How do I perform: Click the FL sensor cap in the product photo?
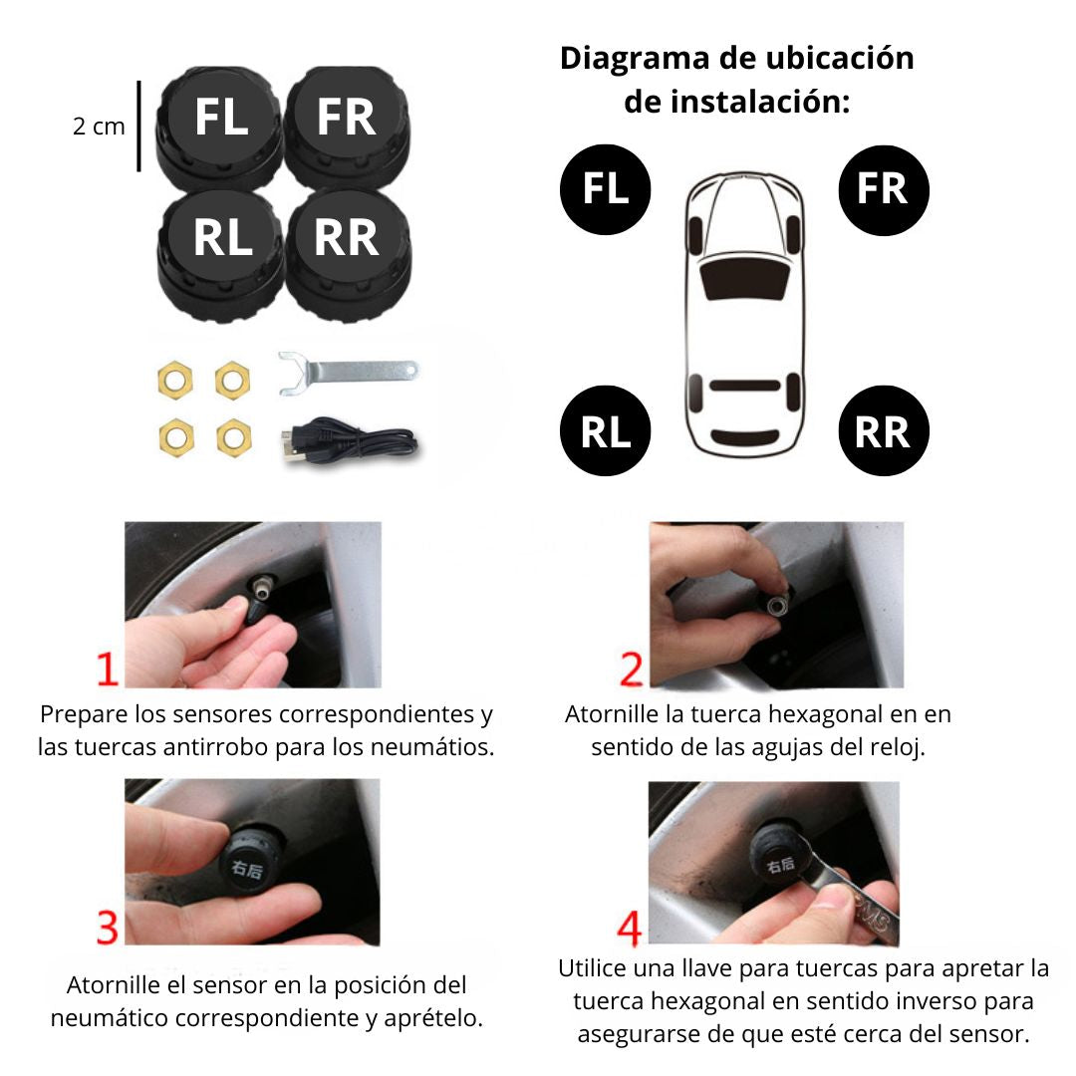(x=219, y=127)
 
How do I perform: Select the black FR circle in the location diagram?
(x=883, y=190)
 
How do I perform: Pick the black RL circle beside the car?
(x=606, y=430)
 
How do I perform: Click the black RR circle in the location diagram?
(x=883, y=430)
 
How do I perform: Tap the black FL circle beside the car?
(x=606, y=189)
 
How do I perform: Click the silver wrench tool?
(x=348, y=373)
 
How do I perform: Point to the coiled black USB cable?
(x=349, y=439)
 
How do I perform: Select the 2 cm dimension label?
(x=99, y=127)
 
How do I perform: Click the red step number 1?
(x=107, y=670)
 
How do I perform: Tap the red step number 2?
(x=632, y=670)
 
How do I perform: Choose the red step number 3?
(x=108, y=928)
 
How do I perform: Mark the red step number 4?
(x=630, y=928)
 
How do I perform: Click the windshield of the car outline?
(x=744, y=279)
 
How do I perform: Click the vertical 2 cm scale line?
(x=138, y=127)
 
